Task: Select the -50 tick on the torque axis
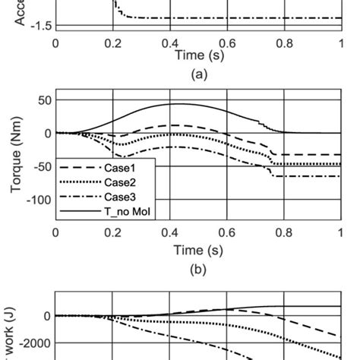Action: pyautogui.click(x=40, y=166)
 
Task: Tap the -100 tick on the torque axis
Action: pyautogui.click(x=37, y=200)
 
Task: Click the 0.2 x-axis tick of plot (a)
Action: pyautogui.click(x=112, y=43)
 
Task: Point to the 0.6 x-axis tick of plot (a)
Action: pyautogui.click(x=227, y=43)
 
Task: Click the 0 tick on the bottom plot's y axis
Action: pyautogui.click(x=47, y=315)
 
